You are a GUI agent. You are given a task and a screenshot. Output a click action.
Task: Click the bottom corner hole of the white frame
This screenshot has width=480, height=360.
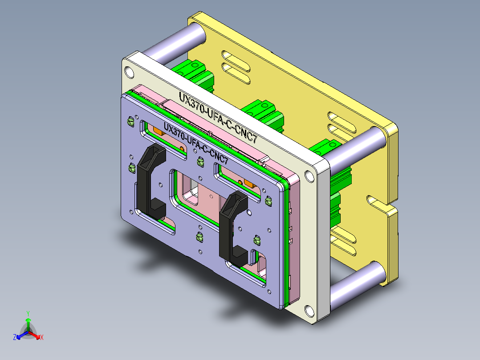[309, 309]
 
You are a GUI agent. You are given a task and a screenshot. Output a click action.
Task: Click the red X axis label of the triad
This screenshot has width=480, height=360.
[41, 338]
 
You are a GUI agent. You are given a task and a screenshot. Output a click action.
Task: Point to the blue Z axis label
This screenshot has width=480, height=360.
[15, 338]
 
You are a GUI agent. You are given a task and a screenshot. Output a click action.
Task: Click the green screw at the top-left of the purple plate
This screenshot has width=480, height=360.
[130, 121]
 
